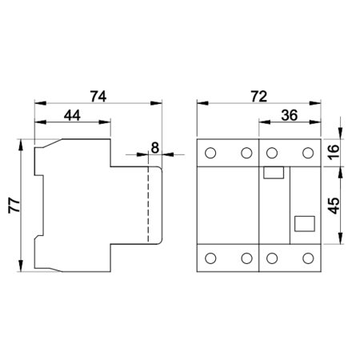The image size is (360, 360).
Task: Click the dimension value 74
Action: click(98, 97)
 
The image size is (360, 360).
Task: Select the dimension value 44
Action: click(72, 116)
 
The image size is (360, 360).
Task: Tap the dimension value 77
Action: click(14, 205)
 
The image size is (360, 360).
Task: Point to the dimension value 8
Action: click(154, 148)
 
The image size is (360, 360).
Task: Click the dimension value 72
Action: click(258, 97)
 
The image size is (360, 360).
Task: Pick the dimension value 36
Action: click(290, 116)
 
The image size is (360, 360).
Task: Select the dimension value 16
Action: click(334, 152)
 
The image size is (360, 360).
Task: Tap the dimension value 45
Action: click(334, 206)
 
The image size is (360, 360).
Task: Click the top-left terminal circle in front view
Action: click(210, 153)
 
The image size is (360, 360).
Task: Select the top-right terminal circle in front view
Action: click(308, 153)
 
